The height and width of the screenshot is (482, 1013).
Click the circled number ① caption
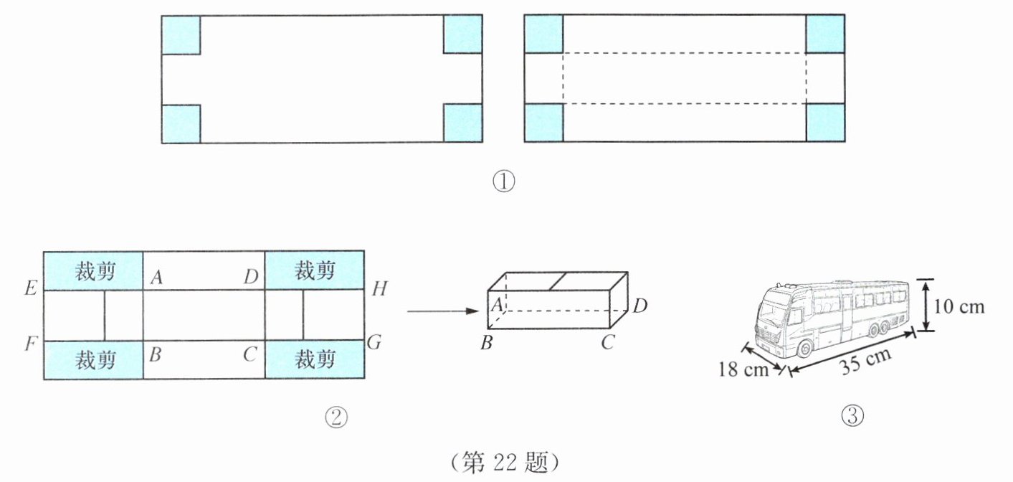503,182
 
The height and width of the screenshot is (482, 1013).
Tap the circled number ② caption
336,417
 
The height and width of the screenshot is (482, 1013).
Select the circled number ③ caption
852,415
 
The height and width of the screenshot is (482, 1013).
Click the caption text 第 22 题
505,463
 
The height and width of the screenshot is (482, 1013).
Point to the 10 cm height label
959,307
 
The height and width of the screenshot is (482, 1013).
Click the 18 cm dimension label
743,369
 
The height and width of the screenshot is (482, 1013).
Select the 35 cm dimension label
865,361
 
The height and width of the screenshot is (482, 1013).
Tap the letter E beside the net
31,288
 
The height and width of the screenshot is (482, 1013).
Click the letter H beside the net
379,288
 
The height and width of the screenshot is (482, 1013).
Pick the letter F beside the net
31,344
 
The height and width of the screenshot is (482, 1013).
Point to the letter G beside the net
374,343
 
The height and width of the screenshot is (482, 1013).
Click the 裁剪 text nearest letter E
95,271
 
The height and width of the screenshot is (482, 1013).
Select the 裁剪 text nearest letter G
315,360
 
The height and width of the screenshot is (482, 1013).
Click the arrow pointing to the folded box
443,311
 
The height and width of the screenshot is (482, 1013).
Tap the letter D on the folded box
640,306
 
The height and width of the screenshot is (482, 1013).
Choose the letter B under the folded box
487,343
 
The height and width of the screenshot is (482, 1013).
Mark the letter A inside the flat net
156,277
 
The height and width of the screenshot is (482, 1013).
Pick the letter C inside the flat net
249,354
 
